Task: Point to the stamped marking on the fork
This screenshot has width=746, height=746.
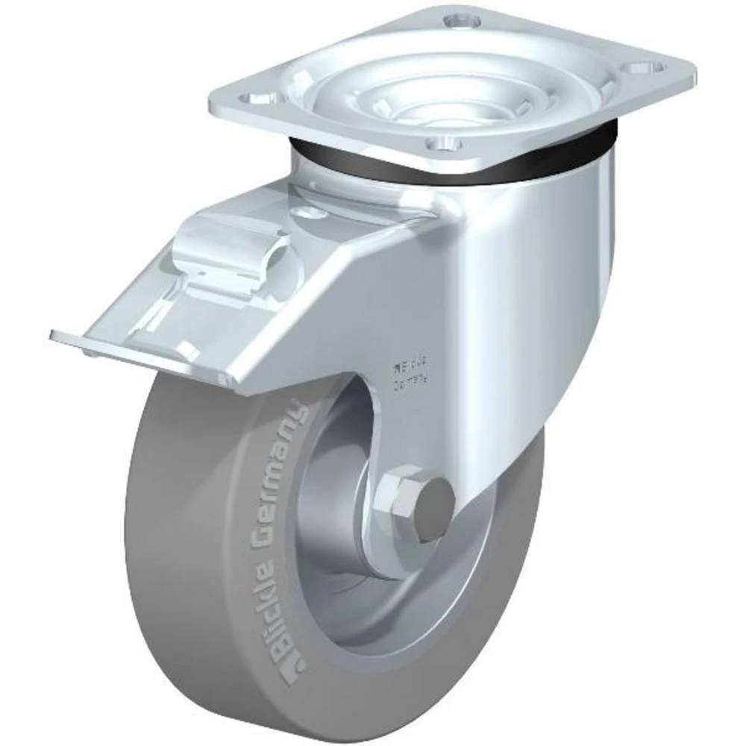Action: pos(408,376)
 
